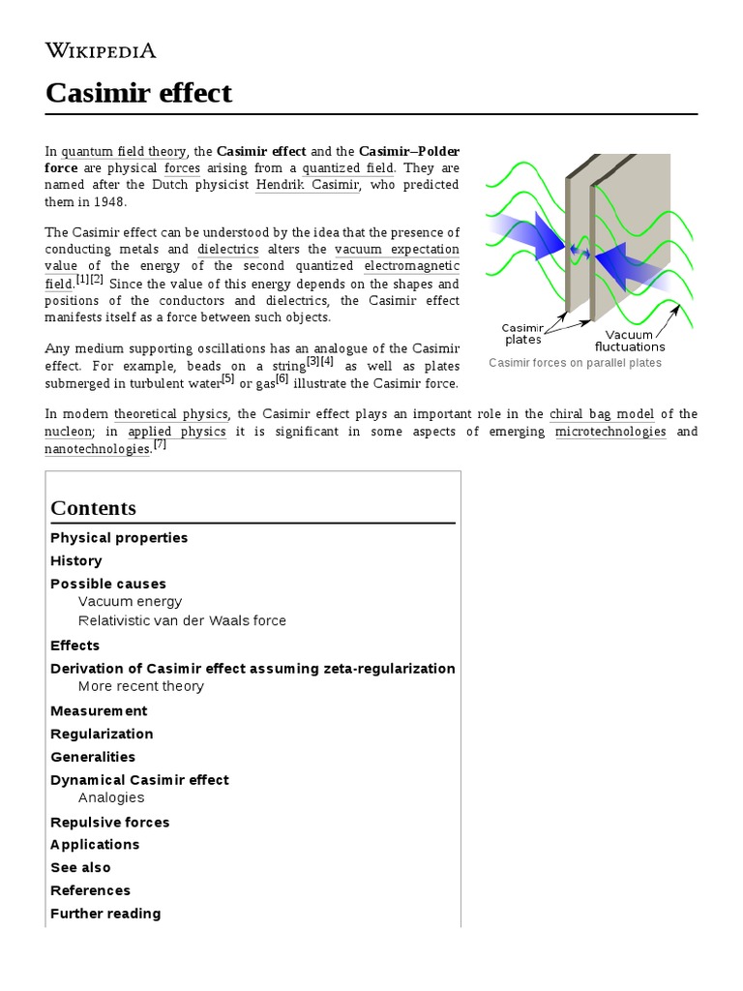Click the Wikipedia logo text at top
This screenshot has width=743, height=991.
(101, 50)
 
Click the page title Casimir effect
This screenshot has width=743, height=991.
(139, 93)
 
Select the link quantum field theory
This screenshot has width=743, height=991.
(123, 152)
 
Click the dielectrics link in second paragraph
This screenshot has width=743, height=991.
(227, 249)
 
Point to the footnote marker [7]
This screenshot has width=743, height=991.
(160, 445)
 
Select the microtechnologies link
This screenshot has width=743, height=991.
(610, 432)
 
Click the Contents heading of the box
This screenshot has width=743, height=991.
(93, 508)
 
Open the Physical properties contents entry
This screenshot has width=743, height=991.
(119, 538)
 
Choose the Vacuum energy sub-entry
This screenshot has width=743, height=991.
(130, 602)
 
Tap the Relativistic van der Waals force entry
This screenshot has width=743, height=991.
(182, 620)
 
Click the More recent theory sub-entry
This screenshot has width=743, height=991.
(141, 686)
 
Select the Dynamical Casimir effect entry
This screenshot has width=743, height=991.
(139, 780)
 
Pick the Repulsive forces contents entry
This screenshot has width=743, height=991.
(109, 823)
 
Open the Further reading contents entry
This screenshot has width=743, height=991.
(105, 914)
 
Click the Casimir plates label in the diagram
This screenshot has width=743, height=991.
(523, 334)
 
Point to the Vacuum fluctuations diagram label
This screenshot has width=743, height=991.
(630, 341)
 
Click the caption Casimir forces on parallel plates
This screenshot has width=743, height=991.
(575, 363)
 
